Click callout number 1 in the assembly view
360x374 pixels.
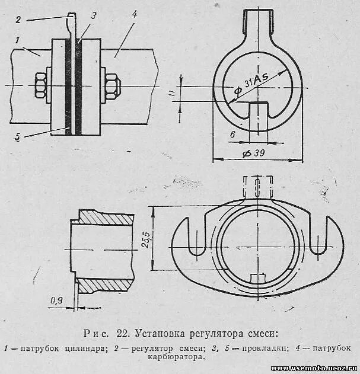pyautogui.click(x=19, y=41)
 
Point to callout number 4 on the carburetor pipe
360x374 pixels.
pyautogui.click(x=135, y=13)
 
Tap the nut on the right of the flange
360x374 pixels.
pyautogui.click(x=110, y=85)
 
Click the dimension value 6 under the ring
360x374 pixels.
pyautogui.click(x=233, y=135)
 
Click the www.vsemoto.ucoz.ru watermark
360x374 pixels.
pyautogui.click(x=317, y=368)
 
